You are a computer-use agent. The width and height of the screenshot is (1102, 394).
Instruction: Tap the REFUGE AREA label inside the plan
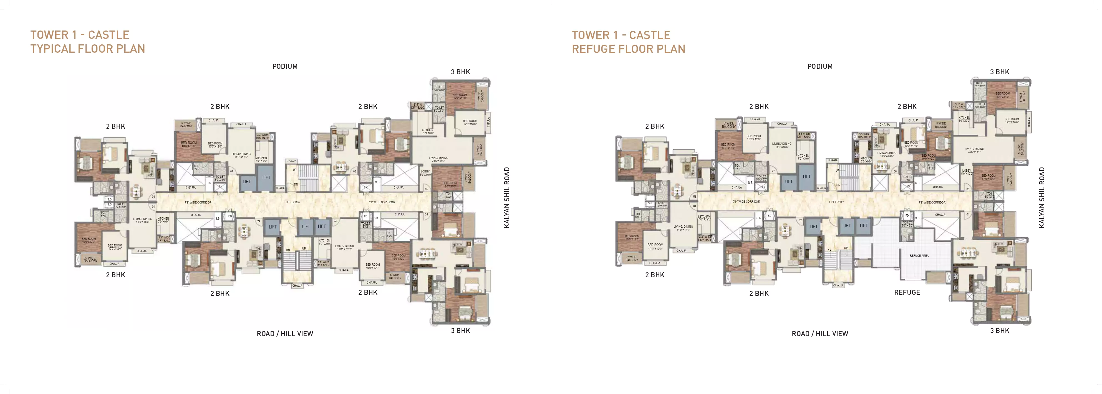coord(919,256)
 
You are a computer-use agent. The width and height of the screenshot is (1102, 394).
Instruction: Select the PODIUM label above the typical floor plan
coord(285,66)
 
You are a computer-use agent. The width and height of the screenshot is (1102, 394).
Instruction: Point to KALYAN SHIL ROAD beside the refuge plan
coord(1042,197)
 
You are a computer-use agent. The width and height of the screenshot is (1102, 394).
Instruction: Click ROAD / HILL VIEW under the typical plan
coord(285,334)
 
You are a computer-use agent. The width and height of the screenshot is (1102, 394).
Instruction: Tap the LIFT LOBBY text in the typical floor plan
coord(293,202)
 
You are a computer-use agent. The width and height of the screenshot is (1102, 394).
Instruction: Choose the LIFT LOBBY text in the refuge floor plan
coord(836,202)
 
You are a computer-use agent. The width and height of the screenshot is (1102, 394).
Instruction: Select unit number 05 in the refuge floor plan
coord(968,189)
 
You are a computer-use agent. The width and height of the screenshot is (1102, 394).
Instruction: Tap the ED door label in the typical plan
coord(230,217)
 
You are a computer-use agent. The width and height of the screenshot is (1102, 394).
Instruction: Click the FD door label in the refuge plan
coord(907,216)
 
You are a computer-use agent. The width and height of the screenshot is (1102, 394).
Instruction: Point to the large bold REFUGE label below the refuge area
coord(907,292)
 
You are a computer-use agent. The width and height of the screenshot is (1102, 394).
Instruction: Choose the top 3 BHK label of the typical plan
coord(460,72)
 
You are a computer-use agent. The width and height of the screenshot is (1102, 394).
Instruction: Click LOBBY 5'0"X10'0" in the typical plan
coord(425,173)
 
